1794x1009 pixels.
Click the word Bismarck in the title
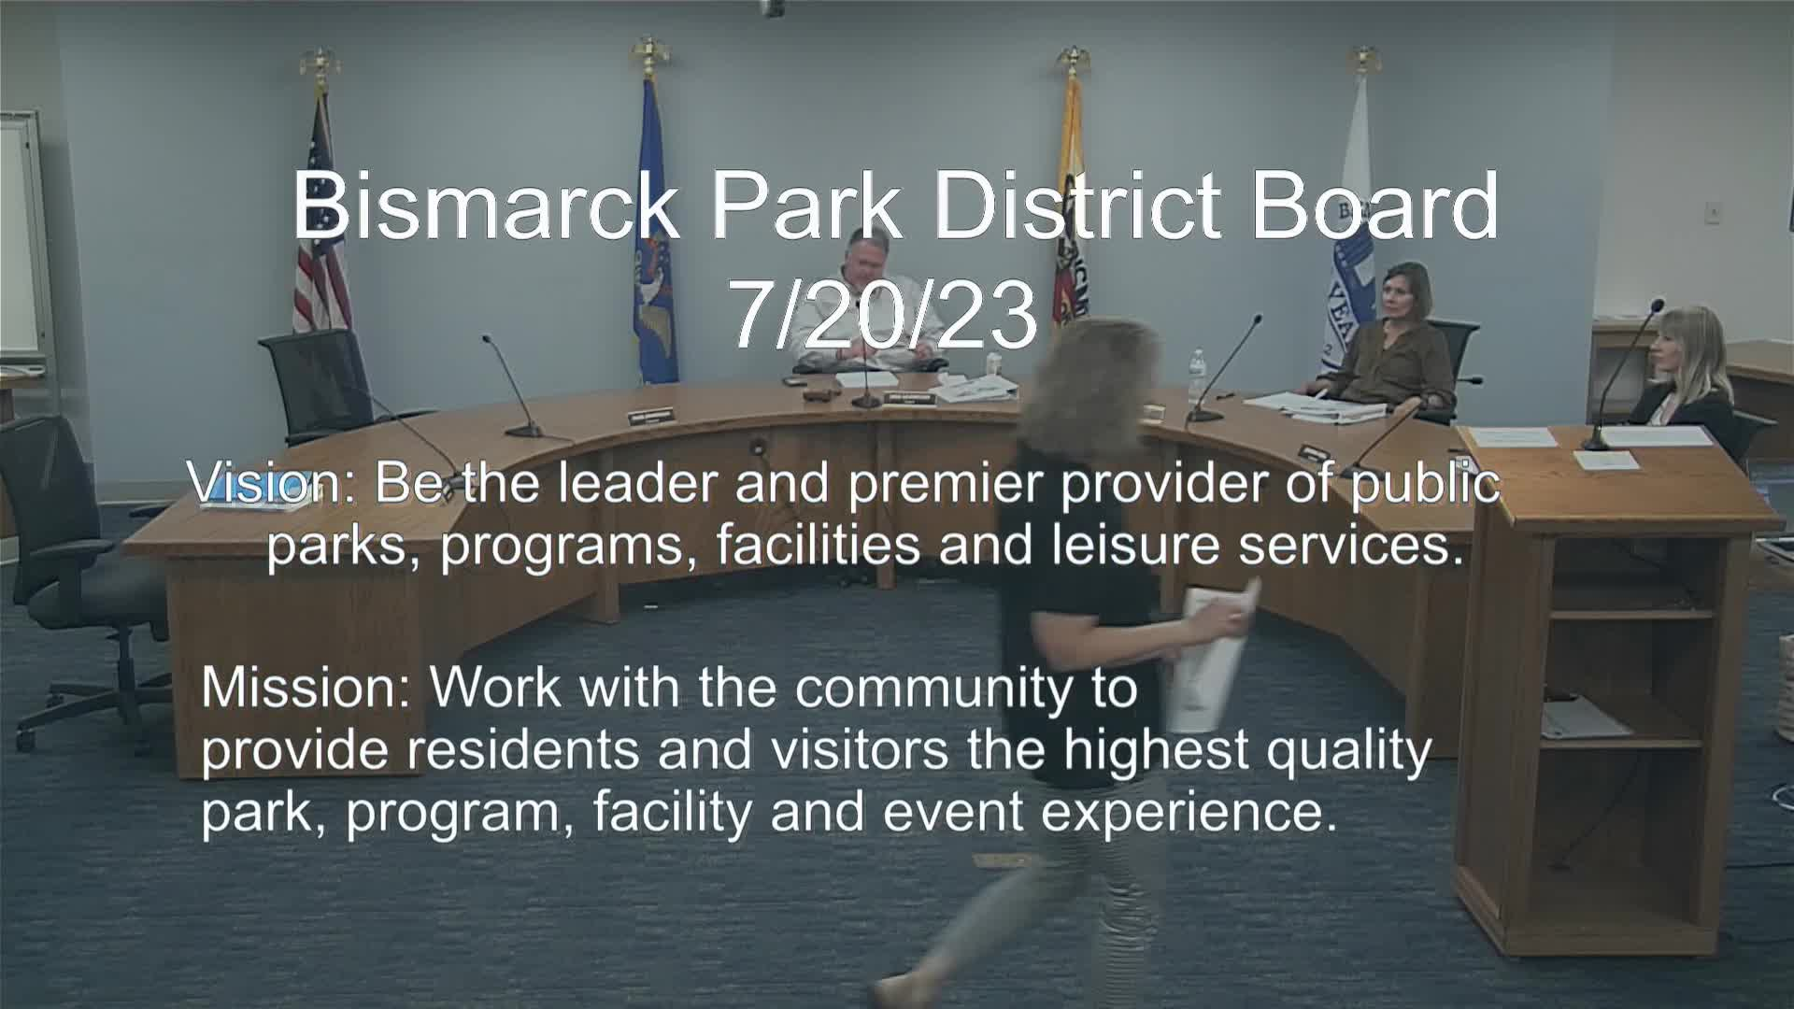click(485, 206)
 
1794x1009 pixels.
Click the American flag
click(320, 224)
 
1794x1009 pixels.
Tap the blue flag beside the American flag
click(654, 234)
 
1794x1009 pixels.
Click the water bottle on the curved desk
click(1196, 377)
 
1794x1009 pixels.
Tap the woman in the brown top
click(1389, 341)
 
